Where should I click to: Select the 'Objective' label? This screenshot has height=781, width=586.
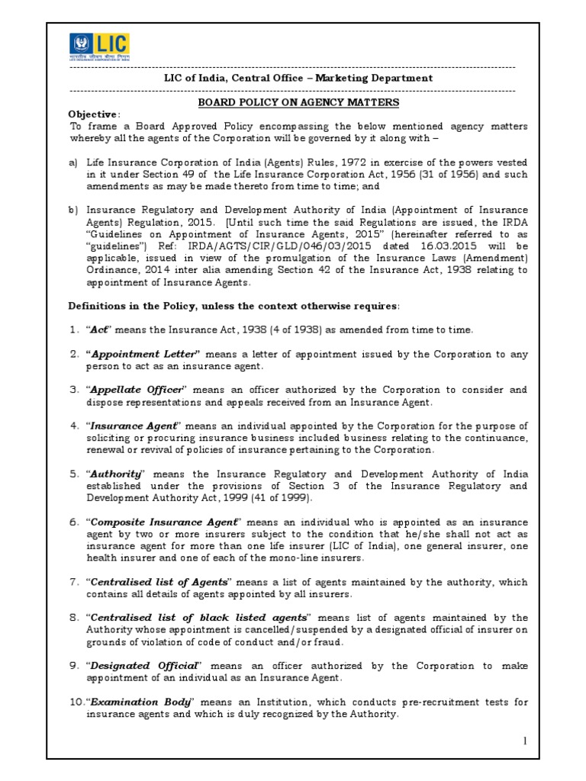click(x=94, y=114)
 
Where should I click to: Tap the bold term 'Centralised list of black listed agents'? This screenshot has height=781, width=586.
click(x=200, y=617)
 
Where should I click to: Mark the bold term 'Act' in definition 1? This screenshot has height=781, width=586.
click(x=100, y=329)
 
